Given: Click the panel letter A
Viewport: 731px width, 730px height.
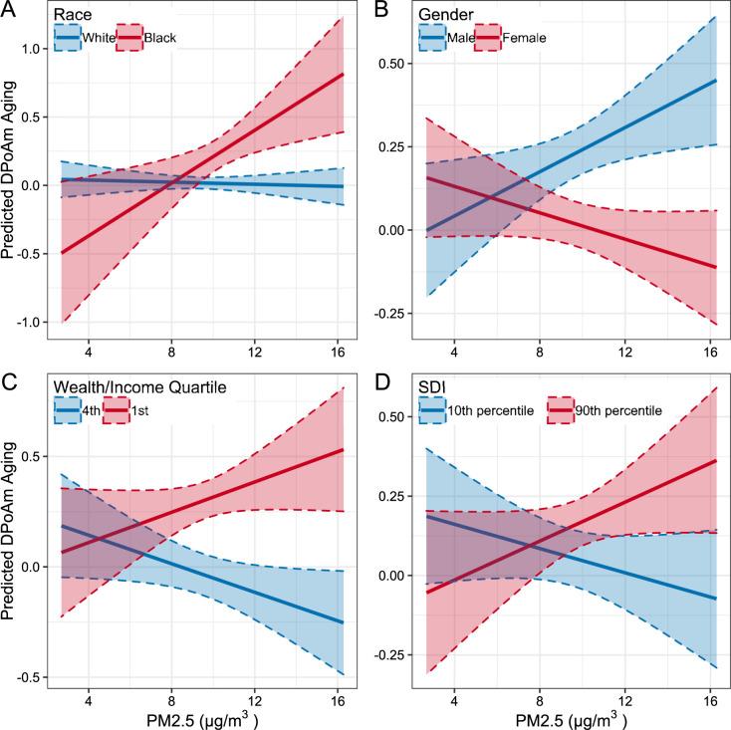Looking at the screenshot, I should [x=9, y=9].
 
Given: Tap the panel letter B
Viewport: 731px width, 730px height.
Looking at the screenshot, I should [x=379, y=9].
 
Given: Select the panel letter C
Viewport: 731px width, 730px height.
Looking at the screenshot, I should [x=9, y=378].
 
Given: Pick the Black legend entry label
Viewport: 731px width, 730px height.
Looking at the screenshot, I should [x=160, y=38].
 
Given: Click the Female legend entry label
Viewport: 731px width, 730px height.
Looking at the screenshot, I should [x=527, y=38].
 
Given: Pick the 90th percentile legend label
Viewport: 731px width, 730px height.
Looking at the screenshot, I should [x=628, y=408].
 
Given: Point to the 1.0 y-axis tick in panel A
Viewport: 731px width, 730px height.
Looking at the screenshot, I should [x=34, y=49].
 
